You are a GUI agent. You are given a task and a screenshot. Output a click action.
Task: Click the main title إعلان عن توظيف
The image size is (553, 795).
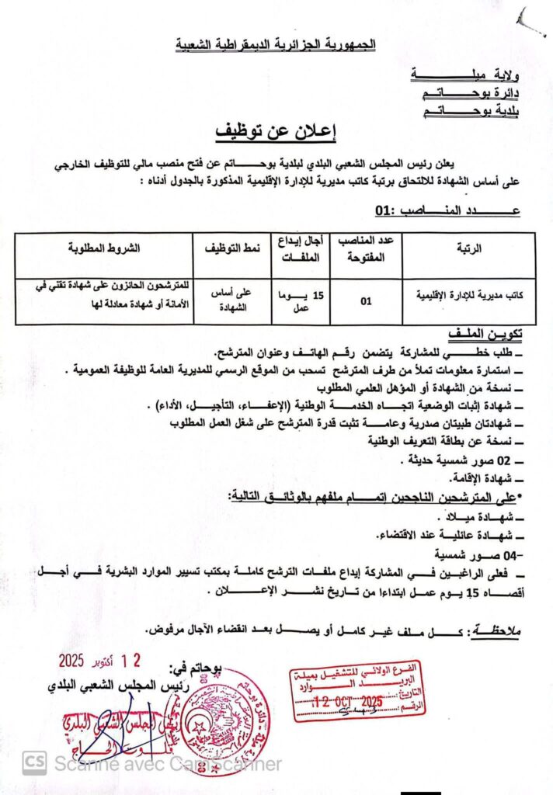pyautogui.click(x=276, y=132)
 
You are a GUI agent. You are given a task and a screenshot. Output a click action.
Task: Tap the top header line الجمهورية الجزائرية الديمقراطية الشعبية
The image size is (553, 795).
pyautogui.click(x=276, y=43)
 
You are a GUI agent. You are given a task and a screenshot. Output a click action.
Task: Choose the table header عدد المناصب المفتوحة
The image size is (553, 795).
pyautogui.click(x=366, y=249)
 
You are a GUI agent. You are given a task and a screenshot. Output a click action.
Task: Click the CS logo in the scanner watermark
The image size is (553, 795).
pyautogui.click(x=34, y=765)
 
